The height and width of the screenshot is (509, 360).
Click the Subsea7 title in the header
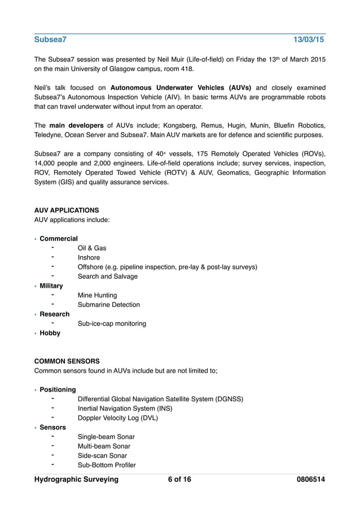tap(50, 40)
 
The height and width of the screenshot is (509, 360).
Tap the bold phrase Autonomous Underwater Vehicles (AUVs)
tap(181, 88)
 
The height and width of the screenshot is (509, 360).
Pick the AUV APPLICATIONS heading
tap(67, 210)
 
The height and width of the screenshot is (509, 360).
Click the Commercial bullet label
tap(59, 239)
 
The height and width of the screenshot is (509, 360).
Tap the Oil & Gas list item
tap(92, 248)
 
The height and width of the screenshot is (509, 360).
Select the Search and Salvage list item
tap(108, 277)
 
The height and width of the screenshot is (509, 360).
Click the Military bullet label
tap(51, 286)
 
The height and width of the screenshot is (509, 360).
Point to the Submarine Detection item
tap(109, 305)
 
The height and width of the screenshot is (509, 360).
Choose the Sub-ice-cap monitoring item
tap(112, 324)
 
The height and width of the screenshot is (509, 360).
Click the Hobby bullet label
tap(50, 333)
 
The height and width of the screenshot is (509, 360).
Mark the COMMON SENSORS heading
tap(67, 361)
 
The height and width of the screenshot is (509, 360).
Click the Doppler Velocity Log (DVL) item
tap(118, 418)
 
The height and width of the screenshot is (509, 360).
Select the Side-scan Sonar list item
tap(102, 456)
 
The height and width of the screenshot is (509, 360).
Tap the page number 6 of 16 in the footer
tap(179, 480)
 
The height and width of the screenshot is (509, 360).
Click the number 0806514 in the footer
tap(311, 480)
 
